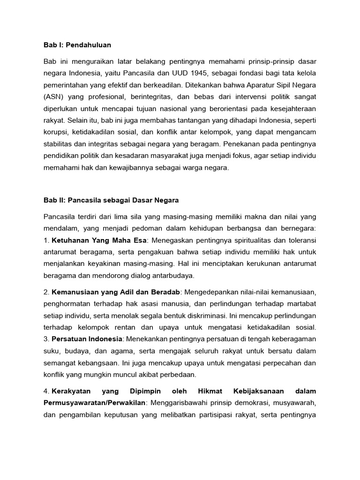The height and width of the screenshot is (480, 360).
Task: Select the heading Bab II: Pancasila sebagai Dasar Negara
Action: (111, 200)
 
